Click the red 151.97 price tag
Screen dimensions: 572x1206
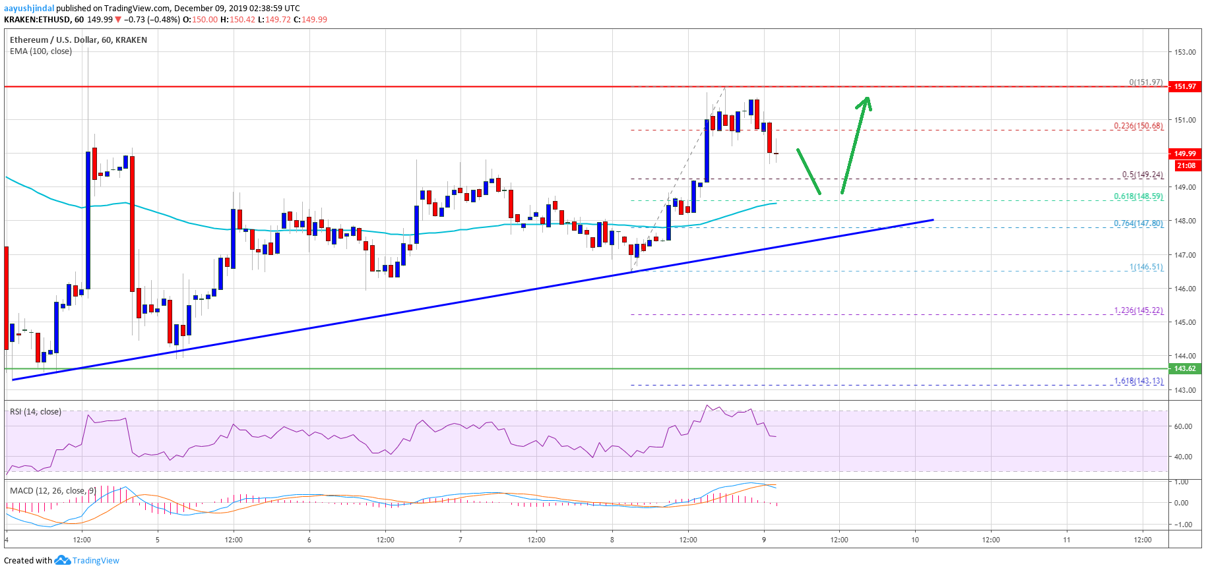point(1185,86)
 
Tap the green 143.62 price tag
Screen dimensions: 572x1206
point(1185,368)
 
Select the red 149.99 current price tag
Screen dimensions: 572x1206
point(1185,154)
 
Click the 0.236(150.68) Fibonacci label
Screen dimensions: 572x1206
point(1138,126)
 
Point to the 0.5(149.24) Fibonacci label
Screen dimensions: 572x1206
point(1142,175)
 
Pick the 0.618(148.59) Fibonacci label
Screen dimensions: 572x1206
point(1138,196)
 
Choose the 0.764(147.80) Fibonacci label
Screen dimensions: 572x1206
point(1138,223)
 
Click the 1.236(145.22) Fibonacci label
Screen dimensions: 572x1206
point(1138,310)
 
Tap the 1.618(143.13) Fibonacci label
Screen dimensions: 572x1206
point(1138,381)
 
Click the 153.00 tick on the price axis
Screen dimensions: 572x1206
point(1185,52)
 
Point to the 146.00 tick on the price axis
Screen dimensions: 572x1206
point(1185,289)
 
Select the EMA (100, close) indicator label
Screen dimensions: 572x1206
point(41,51)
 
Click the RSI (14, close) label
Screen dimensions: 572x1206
point(36,412)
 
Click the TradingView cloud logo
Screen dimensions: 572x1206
point(62,560)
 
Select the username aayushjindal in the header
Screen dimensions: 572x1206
point(29,9)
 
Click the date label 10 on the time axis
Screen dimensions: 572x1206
point(915,540)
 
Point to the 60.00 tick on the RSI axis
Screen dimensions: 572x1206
point(1183,426)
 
